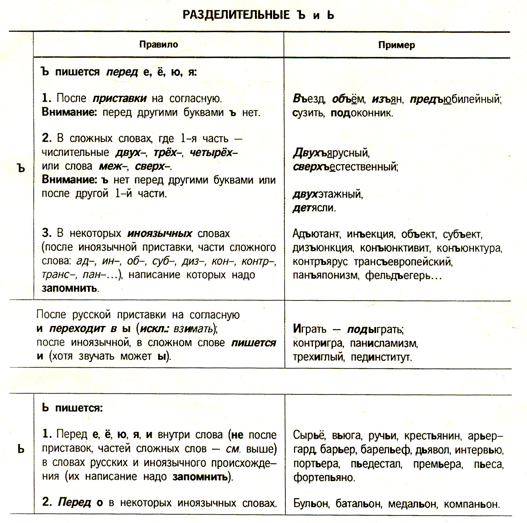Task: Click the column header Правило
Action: pos(159,44)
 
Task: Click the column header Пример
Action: pos(396,45)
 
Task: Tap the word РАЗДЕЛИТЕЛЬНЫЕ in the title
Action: pos(236,15)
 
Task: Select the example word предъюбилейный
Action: pos(455,100)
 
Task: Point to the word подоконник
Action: pos(362,113)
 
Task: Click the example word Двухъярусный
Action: pos(331,153)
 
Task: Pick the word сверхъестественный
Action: pos(345,167)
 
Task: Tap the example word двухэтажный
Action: pos(328,194)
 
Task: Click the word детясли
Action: pos(314,208)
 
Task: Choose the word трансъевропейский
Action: pos(403,262)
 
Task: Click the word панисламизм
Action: pos(384,343)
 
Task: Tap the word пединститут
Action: pos(381,357)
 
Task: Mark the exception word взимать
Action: pos(193,329)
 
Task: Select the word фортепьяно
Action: pos(324,477)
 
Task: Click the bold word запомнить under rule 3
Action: pos(69,288)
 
